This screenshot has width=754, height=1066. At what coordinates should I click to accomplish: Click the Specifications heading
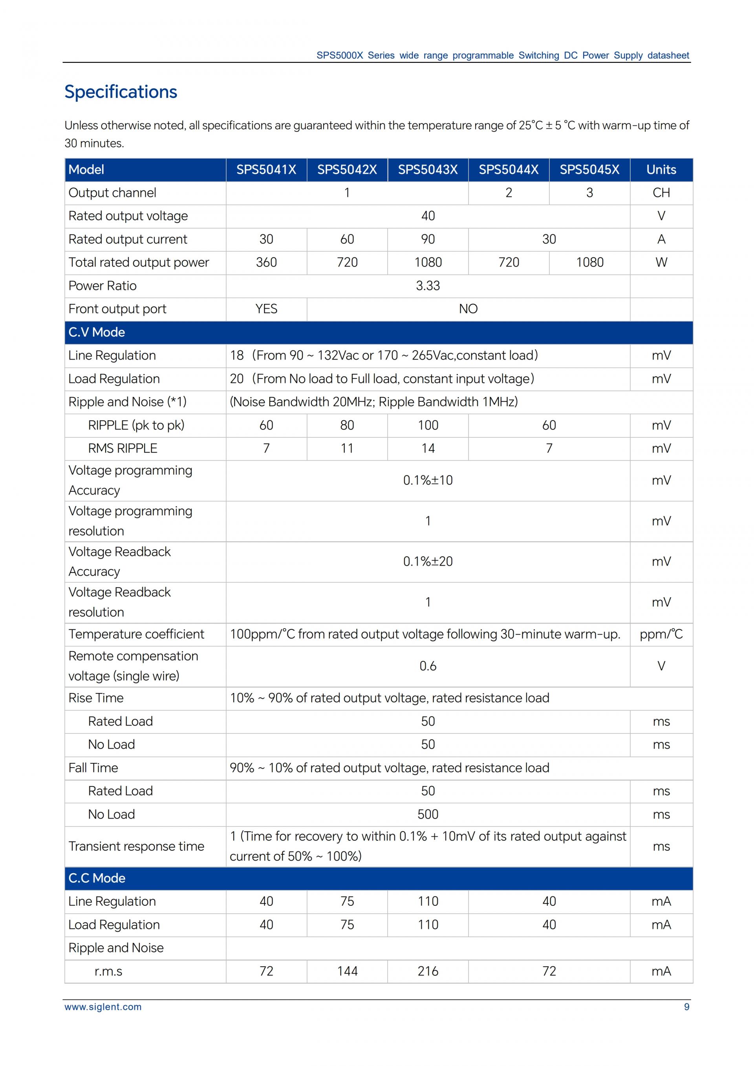coord(121,92)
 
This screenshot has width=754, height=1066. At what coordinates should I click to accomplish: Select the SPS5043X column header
coord(428,170)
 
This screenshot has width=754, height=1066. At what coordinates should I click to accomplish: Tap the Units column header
coord(661,170)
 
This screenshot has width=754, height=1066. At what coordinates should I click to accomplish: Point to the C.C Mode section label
coord(97,878)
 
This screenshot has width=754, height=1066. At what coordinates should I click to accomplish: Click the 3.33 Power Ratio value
coord(428,285)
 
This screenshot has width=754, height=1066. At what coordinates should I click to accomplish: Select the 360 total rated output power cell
coord(266,262)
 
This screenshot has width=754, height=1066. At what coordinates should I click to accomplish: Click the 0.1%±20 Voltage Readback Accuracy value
coord(428,561)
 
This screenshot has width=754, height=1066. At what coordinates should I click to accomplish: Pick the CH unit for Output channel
coord(661,193)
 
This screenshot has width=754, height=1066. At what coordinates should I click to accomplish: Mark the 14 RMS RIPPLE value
coord(428,448)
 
